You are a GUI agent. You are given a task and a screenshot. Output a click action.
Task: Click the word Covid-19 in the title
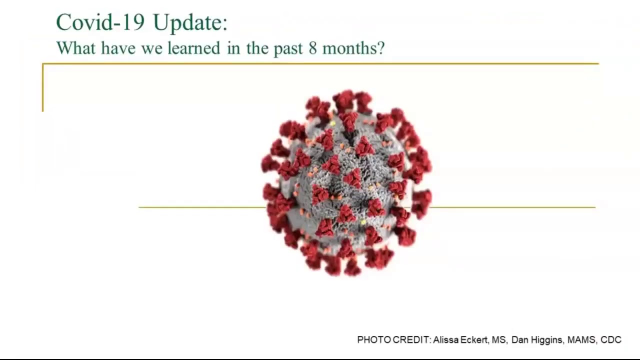point(100,22)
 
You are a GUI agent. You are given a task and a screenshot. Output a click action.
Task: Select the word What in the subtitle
point(76,47)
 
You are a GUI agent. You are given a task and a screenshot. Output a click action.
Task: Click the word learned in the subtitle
point(194,47)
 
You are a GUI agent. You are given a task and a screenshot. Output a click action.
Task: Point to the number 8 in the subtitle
point(313,48)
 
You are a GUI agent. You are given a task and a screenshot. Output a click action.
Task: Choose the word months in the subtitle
point(349,47)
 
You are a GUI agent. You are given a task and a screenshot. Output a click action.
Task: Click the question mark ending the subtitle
point(381,48)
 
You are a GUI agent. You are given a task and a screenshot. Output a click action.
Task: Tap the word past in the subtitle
point(288,49)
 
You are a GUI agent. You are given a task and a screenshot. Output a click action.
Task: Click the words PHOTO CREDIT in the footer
point(393,339)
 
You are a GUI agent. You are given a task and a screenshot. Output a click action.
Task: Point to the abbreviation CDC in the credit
point(611,339)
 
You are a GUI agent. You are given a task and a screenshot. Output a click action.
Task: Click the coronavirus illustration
point(346,183)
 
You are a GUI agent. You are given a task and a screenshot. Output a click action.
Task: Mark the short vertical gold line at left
point(43,87)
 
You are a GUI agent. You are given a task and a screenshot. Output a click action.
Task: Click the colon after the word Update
point(225,25)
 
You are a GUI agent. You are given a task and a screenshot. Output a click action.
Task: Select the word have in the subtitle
point(118,47)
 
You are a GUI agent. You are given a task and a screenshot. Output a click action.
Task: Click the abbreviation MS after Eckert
point(499,339)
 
